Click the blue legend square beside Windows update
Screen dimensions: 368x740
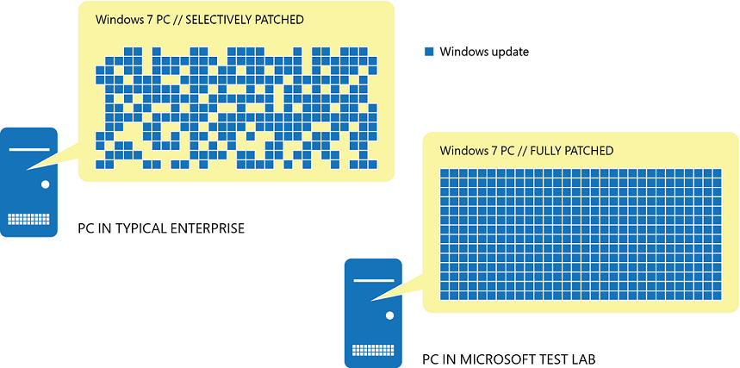[x=429, y=52]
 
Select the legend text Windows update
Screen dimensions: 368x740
[x=484, y=52]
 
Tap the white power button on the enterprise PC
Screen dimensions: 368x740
[x=44, y=184]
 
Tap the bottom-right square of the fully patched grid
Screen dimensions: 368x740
[x=716, y=295]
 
